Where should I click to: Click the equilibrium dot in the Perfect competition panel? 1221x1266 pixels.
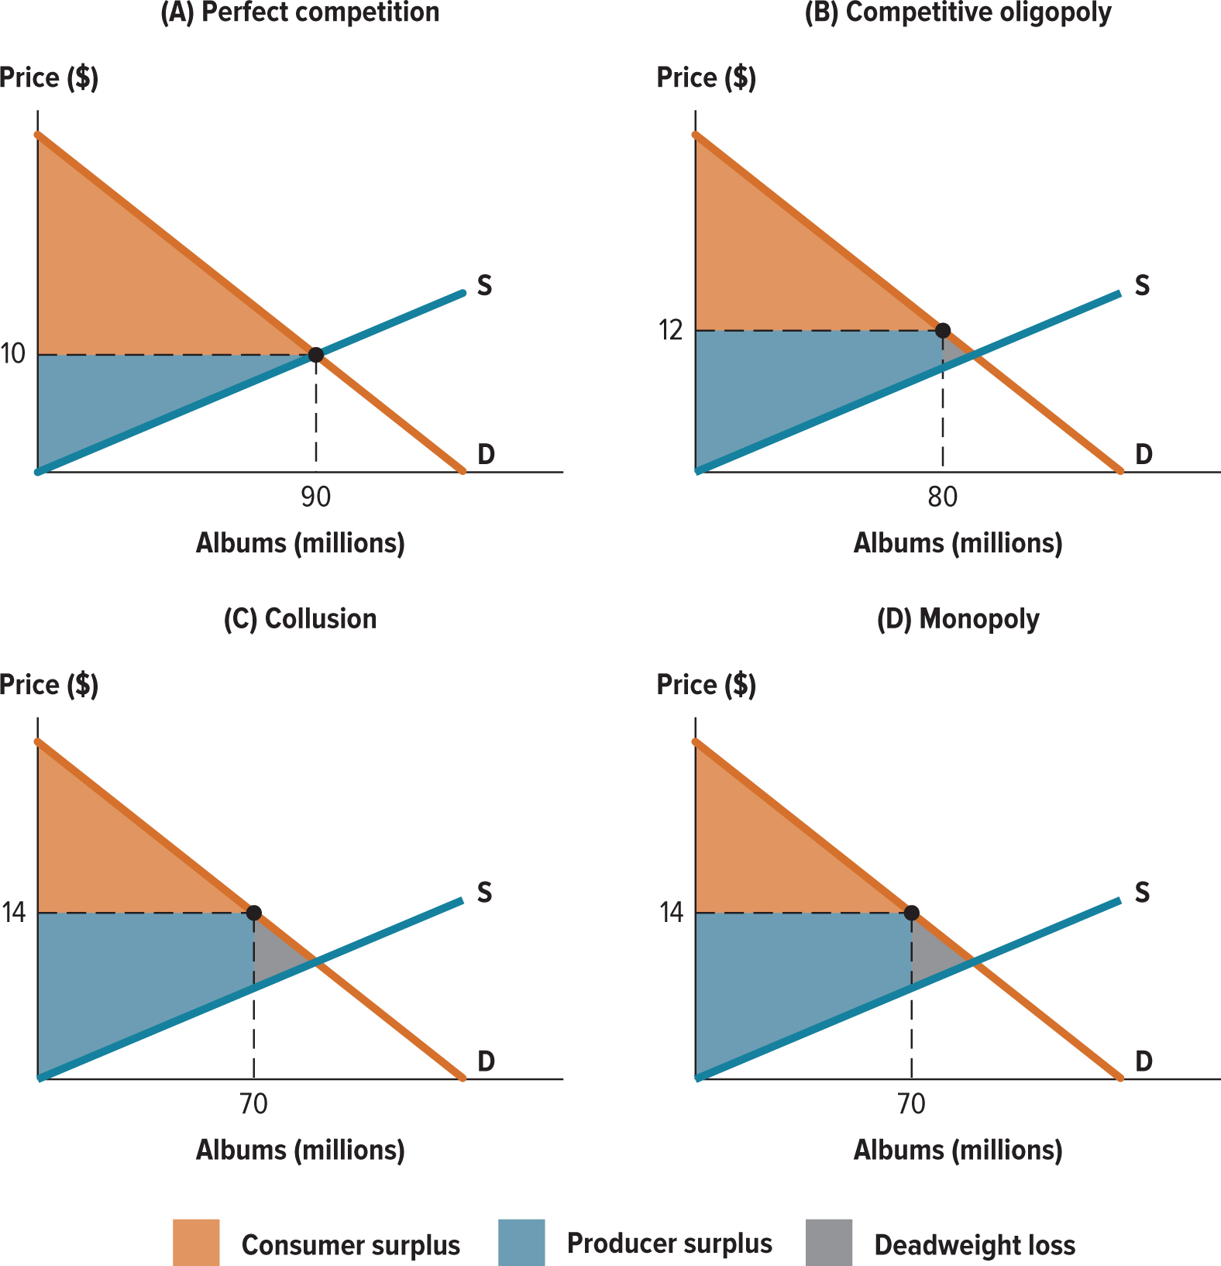pyautogui.click(x=315, y=355)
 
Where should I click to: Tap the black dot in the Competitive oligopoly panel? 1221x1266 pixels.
pyautogui.click(x=942, y=331)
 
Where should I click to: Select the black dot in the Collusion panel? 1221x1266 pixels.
pyautogui.click(x=253, y=913)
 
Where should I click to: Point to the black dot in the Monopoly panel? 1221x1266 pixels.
pyautogui.click(x=912, y=913)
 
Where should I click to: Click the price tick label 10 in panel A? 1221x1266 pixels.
pyautogui.click(x=13, y=355)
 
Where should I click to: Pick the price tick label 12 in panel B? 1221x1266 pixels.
pyautogui.click(x=670, y=331)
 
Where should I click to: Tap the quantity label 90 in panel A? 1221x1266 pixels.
pyautogui.click(x=315, y=497)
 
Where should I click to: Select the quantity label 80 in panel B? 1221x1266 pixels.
pyautogui.click(x=942, y=497)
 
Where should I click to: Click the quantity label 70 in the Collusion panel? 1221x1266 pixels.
pyautogui.click(x=253, y=1103)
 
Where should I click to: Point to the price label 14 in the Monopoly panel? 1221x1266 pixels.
pyautogui.click(x=671, y=913)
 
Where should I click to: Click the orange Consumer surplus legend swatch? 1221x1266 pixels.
pyautogui.click(x=196, y=1243)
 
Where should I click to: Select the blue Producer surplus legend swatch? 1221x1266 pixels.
pyautogui.click(x=521, y=1243)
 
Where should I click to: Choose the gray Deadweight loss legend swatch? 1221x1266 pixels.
pyautogui.click(x=829, y=1243)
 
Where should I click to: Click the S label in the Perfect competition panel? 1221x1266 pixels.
pyautogui.click(x=484, y=286)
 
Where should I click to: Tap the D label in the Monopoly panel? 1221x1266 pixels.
pyautogui.click(x=1144, y=1061)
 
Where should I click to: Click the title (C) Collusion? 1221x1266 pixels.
pyautogui.click(x=300, y=619)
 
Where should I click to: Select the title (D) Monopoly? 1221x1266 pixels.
pyautogui.click(x=958, y=619)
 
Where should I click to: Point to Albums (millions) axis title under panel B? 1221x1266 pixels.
pyautogui.click(x=958, y=543)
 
